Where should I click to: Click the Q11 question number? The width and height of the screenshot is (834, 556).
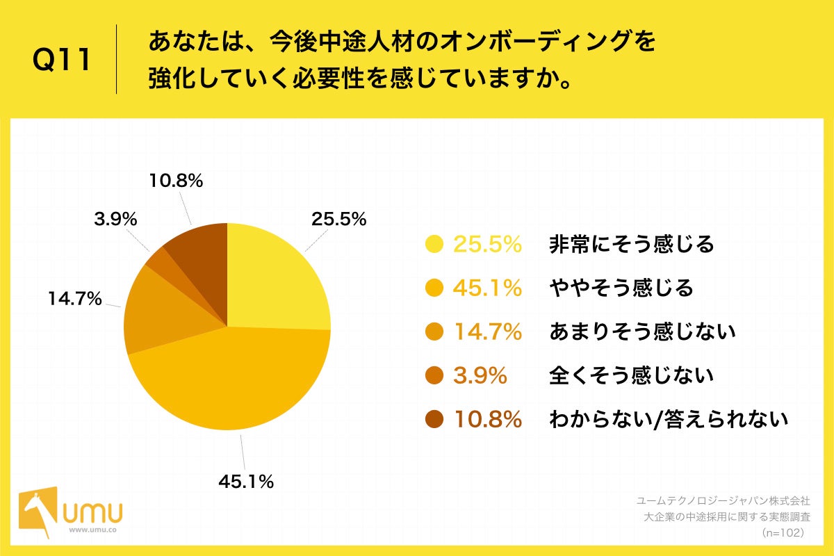(x=62, y=60)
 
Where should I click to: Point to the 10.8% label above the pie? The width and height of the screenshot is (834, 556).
(x=176, y=181)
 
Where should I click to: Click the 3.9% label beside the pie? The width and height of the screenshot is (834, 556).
(x=115, y=219)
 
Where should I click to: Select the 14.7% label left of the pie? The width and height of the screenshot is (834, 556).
(x=75, y=300)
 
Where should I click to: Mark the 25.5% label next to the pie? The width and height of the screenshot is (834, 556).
(x=338, y=219)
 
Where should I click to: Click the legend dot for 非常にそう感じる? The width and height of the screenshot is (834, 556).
(x=434, y=244)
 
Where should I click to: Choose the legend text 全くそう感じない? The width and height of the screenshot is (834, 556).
(x=631, y=376)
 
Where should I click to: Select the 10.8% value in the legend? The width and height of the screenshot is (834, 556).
(x=487, y=420)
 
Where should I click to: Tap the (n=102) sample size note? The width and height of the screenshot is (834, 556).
(x=783, y=532)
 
